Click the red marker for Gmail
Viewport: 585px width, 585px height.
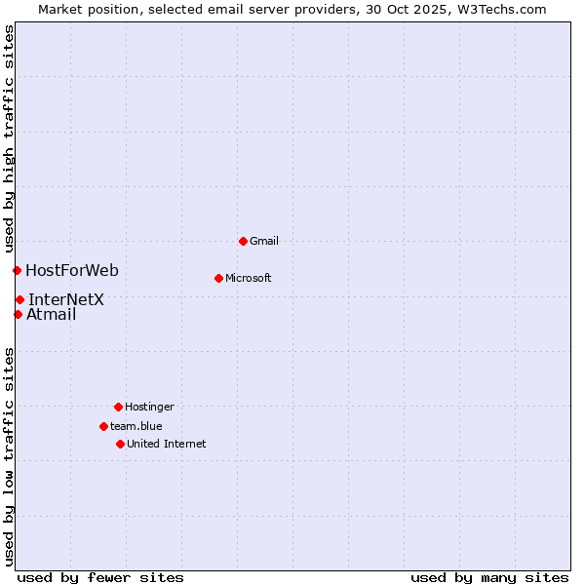click(243, 241)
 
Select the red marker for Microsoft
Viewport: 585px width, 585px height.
click(218, 278)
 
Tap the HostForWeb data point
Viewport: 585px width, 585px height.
click(17, 270)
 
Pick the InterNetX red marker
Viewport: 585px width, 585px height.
click(19, 299)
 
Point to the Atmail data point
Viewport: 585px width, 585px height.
click(18, 314)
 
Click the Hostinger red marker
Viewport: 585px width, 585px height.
click(118, 407)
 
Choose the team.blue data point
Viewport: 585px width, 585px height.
click(103, 426)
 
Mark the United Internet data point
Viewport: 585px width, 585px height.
click(120, 444)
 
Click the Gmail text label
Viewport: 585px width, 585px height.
click(264, 241)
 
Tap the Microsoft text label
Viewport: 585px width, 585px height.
click(249, 278)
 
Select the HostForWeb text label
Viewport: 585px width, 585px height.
click(72, 270)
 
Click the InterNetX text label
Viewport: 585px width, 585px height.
click(66, 299)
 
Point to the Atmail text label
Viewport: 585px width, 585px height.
click(52, 314)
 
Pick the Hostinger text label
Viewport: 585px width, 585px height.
click(149, 407)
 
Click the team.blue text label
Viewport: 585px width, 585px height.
click(136, 426)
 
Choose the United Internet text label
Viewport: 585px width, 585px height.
click(167, 444)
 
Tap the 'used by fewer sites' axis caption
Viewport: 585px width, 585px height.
click(100, 577)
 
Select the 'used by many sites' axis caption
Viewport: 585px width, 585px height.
click(489, 577)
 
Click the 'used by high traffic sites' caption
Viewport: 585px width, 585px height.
click(9, 139)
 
